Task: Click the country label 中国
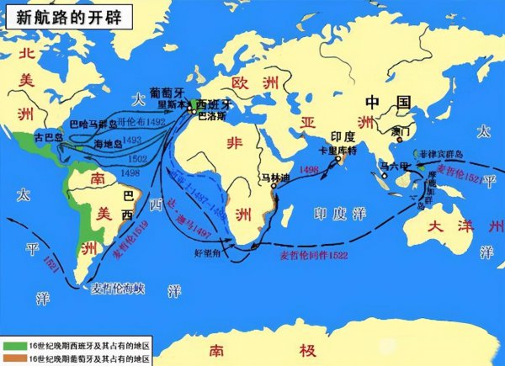(387, 103)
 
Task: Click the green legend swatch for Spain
(13, 346)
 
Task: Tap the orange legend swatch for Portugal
(13, 358)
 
